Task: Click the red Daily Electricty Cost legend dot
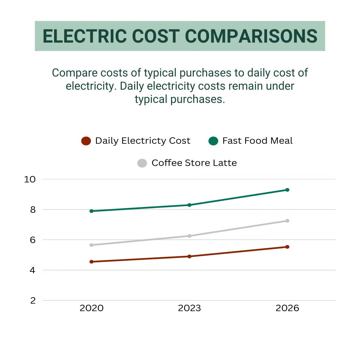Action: [x=86, y=141]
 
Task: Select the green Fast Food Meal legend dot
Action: [x=213, y=141]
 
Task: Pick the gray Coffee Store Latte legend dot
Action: [x=142, y=163]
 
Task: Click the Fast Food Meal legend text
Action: [x=257, y=141]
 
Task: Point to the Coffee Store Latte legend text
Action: [x=194, y=163]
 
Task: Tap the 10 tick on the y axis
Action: [x=30, y=179]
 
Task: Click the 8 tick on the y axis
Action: [x=33, y=210]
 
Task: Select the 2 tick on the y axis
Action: [x=33, y=300]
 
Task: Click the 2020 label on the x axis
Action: [x=91, y=308]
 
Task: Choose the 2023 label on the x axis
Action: [x=189, y=308]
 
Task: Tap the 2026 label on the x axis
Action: [x=287, y=308]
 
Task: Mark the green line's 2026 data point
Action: [x=287, y=190]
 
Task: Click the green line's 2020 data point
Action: [x=91, y=211]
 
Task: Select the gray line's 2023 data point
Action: [x=189, y=236]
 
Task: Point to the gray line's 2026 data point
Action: [x=287, y=221]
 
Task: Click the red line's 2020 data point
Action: [x=91, y=262]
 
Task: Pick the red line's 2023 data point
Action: [x=189, y=256]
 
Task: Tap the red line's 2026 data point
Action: [x=287, y=247]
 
